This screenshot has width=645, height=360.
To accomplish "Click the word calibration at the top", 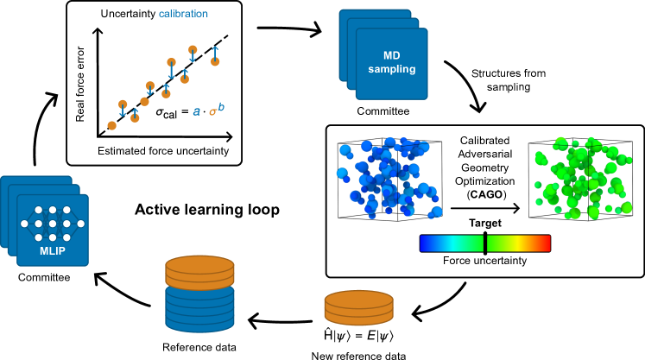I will [183, 14].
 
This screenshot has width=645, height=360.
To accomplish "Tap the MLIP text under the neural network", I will [52, 251].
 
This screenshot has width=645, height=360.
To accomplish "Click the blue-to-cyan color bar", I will [451, 243].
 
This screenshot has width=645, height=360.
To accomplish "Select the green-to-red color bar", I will [518, 243].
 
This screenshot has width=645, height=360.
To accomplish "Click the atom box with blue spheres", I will [389, 180].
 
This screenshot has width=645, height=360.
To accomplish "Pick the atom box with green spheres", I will [580, 180].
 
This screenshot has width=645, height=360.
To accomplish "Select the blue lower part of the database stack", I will [199, 309].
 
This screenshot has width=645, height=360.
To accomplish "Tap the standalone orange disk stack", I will [358, 307].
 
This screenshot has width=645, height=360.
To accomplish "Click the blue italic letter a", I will [197, 111].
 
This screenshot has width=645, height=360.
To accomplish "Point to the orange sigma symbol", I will [212, 112].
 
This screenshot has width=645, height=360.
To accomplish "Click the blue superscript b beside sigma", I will [221, 106].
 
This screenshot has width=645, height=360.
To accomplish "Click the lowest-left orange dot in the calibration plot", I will [111, 126].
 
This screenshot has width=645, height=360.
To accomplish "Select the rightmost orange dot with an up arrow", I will [215, 61].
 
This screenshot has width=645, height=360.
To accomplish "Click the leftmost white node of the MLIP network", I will [24, 224].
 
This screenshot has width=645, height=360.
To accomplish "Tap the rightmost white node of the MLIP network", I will [80, 224].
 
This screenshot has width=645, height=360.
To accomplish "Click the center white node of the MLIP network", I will [52, 224].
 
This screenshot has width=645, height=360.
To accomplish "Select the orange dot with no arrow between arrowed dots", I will [144, 101].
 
